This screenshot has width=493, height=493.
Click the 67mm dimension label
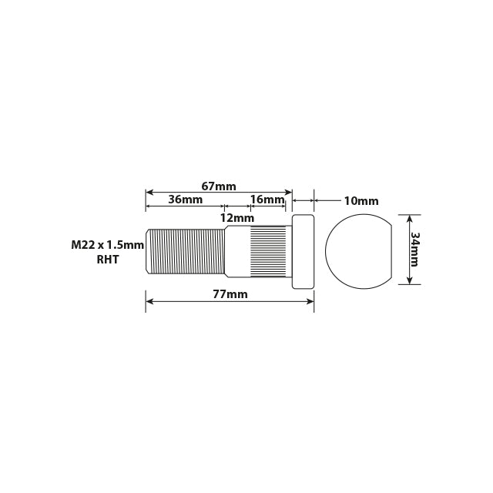[219, 186]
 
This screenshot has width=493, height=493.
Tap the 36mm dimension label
[185, 200]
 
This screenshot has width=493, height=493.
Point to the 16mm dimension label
[267, 200]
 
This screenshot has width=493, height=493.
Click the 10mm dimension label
[361, 200]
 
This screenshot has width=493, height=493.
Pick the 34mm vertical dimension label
[414, 249]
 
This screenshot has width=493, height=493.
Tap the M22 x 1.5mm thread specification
[107, 245]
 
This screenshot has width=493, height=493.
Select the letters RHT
[107, 260]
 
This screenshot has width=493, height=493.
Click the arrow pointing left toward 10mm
[317, 200]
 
